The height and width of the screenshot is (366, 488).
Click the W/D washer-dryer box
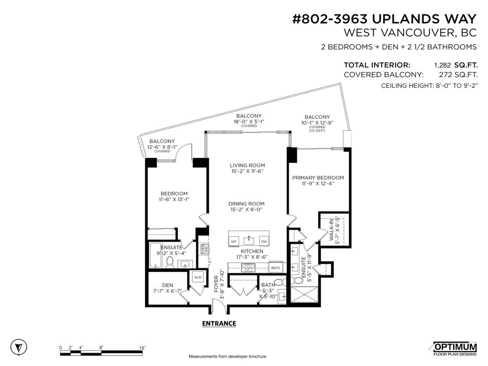197,276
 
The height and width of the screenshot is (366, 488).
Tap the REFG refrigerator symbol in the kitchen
275,268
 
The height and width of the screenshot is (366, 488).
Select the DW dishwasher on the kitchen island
264,242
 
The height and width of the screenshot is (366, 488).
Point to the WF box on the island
234,242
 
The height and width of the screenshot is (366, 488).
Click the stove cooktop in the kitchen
249,268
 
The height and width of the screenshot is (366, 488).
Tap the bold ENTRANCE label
219,323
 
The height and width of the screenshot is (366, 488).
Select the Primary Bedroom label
317,181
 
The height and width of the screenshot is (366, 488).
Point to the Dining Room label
246,206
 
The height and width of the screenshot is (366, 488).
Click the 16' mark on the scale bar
142,348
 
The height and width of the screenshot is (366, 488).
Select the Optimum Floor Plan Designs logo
454,348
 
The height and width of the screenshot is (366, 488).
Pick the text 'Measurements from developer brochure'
227,356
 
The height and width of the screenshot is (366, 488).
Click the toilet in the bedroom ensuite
170,262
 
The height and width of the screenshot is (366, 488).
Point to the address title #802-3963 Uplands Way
384,19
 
